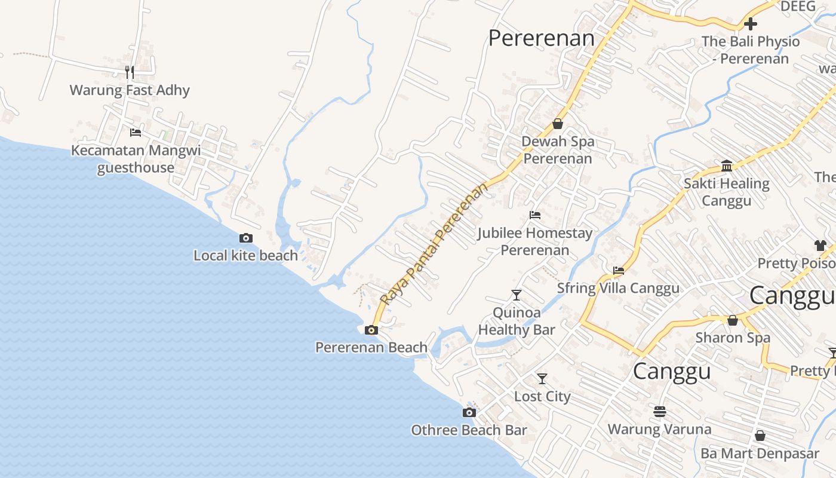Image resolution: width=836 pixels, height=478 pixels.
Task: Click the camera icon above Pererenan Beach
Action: (371, 330)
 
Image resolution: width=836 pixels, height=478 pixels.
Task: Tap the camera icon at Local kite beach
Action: (245, 238)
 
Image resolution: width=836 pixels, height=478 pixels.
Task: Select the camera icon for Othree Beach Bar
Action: (469, 412)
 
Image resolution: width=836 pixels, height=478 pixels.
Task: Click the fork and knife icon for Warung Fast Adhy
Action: (130, 72)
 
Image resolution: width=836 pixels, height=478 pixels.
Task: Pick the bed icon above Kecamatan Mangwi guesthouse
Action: (136, 132)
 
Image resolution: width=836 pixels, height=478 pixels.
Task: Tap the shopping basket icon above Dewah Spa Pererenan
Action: (558, 124)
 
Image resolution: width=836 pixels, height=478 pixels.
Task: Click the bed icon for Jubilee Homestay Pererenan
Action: (535, 215)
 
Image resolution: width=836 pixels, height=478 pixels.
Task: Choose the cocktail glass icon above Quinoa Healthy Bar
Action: (517, 295)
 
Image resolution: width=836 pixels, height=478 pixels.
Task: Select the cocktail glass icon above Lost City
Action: (542, 378)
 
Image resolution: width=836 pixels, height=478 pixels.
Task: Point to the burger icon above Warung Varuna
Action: (660, 411)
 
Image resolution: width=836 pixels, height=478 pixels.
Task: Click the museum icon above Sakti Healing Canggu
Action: (727, 166)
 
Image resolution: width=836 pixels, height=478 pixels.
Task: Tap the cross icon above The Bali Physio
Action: (751, 24)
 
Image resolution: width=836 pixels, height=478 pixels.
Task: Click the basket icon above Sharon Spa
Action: (733, 320)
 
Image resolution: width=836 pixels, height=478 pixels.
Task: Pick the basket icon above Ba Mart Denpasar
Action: (760, 436)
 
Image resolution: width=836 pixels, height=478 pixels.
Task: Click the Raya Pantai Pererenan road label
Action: (434, 244)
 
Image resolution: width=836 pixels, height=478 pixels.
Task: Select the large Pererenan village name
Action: (542, 38)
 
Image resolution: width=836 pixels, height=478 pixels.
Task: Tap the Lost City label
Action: (542, 397)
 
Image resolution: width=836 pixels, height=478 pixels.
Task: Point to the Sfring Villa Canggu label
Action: (618, 288)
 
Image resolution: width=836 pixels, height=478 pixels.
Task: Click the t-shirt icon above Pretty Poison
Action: (820, 245)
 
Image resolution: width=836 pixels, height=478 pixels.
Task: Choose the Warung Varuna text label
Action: (659, 429)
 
